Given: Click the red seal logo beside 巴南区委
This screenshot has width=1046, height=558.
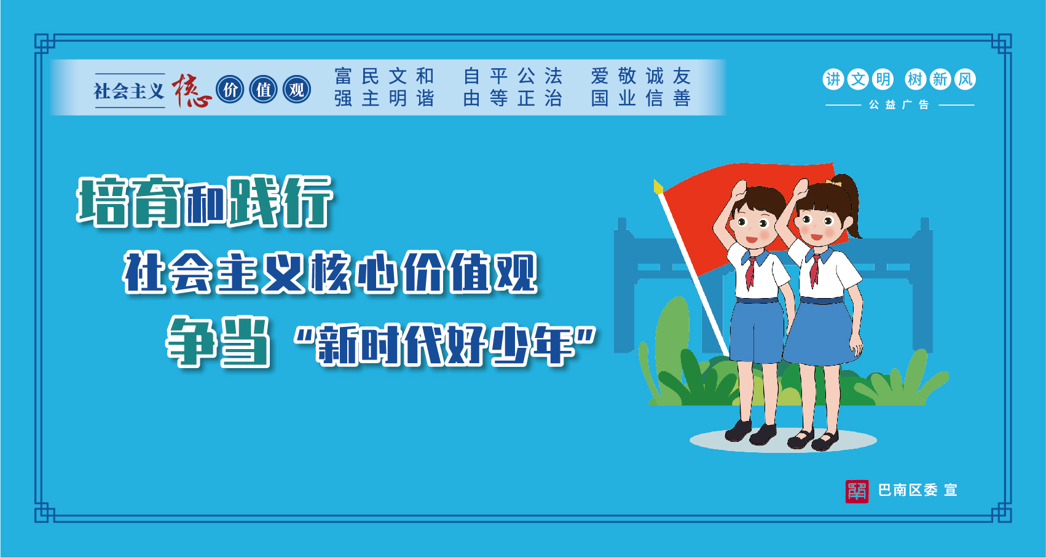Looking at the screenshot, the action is point(857,491).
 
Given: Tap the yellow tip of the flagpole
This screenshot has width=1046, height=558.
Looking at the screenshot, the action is point(658,186).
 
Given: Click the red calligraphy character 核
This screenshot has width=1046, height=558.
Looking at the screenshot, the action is point(192,90).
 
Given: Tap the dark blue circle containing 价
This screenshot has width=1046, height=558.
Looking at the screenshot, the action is point(230,90).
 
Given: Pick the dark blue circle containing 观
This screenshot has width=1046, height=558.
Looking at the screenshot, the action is point(297,90).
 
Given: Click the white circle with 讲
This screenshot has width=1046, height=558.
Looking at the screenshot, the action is point(833,79).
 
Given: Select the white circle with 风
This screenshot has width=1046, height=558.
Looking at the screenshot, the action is point(965,79).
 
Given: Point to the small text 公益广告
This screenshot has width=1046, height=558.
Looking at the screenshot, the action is point(899,104).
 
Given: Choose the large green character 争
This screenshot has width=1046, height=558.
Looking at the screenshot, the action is point(192,341).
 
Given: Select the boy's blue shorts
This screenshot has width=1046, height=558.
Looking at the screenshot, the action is point(757,331).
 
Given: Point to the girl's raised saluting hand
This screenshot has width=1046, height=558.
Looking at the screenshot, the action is point(800,191).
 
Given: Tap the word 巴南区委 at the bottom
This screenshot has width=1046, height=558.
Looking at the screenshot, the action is point(908,490).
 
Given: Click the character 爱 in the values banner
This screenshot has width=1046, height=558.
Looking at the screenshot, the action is point(600,76).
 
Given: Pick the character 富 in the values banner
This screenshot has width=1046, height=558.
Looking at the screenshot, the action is point(343,76).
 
